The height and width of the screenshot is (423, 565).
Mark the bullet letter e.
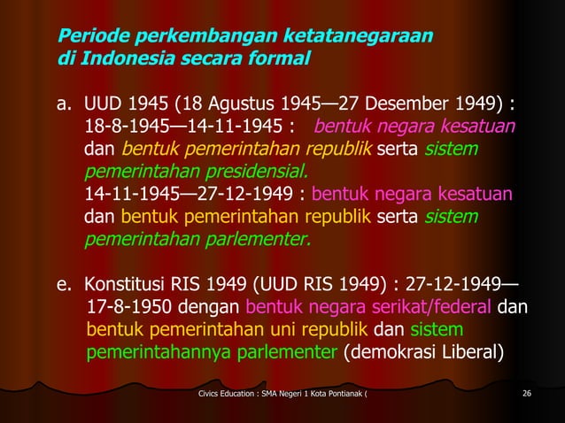[x=64, y=285]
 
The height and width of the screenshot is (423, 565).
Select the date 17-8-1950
[x=129, y=309]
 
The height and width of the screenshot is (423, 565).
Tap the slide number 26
[x=527, y=393]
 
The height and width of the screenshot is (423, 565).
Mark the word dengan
[x=211, y=309]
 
